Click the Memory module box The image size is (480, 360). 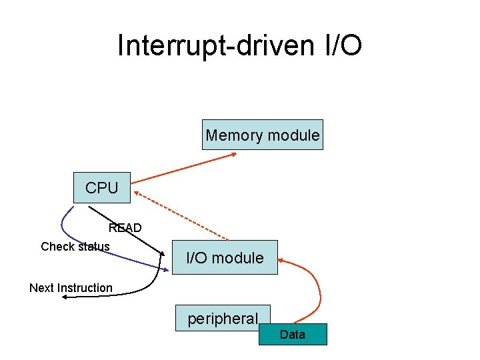[263, 135]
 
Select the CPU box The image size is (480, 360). [102, 188]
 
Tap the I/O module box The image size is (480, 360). [225, 257]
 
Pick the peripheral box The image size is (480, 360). [222, 319]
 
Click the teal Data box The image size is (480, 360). [293, 334]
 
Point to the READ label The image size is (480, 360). [125, 228]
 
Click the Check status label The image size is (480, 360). [75, 247]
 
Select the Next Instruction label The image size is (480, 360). [71, 288]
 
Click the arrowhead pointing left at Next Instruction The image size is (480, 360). [64, 298]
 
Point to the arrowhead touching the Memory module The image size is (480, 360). [233, 155]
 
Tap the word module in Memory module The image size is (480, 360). [293, 135]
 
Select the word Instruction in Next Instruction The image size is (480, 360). [85, 288]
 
